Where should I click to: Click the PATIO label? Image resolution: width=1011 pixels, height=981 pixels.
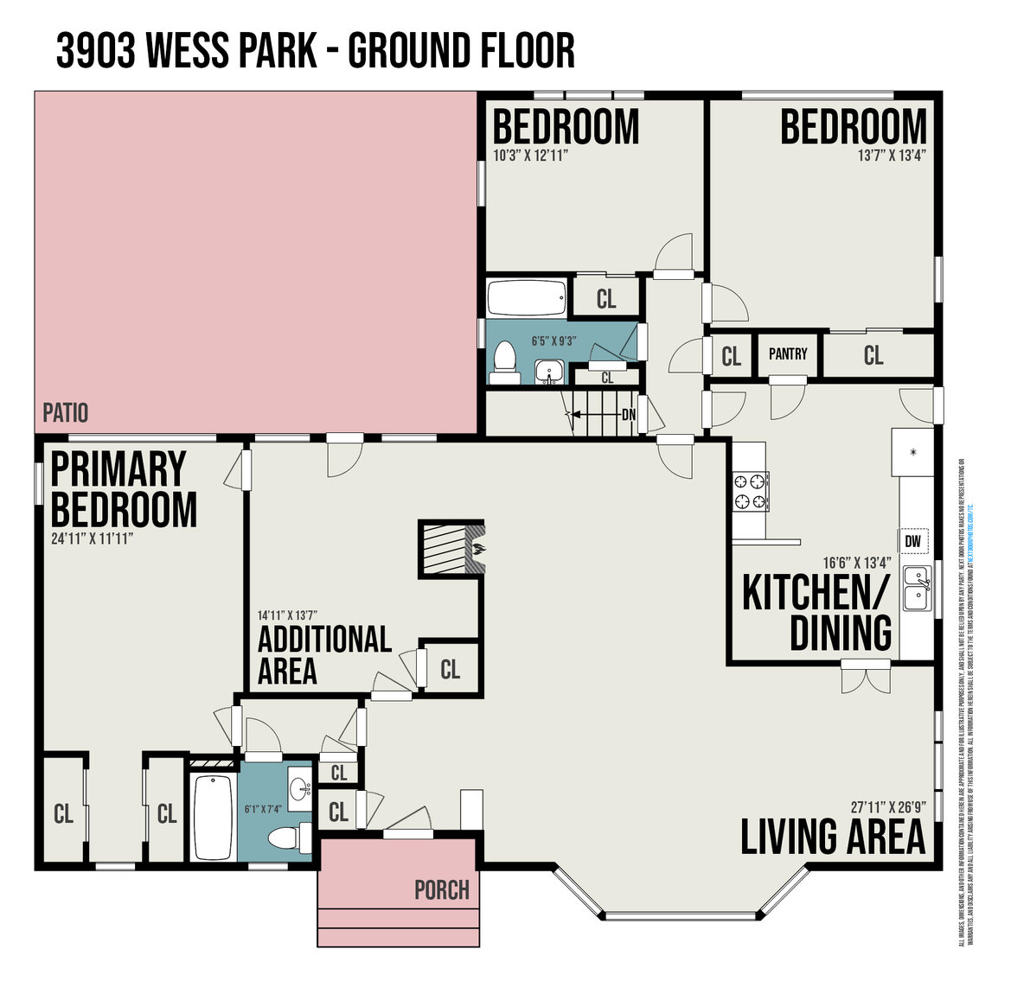point(66,413)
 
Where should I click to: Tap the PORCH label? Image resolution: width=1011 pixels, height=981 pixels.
point(441,889)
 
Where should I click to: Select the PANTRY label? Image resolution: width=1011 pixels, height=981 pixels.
point(788,354)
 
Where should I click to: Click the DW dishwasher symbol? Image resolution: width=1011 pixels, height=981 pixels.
point(912,542)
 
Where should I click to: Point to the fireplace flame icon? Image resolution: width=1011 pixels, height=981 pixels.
point(475,546)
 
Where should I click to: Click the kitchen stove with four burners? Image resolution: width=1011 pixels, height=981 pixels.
point(750,491)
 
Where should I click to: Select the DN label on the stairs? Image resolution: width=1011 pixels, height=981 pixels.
point(629,415)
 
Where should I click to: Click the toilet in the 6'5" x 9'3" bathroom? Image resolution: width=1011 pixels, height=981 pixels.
point(504,362)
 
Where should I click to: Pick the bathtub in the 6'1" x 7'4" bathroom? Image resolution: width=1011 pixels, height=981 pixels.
point(211,816)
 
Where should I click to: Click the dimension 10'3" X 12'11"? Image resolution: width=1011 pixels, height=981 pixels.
point(530,156)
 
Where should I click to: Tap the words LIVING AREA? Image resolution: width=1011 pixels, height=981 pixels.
point(833,836)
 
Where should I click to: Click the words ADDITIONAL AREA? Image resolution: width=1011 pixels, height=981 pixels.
point(324,654)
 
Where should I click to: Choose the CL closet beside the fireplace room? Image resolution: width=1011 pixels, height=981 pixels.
point(450,670)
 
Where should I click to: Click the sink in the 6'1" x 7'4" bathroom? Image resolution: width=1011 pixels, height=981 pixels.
point(300,788)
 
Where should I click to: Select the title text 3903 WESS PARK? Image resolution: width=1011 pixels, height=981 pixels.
point(187,51)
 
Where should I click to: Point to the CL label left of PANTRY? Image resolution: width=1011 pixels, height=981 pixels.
point(732,356)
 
